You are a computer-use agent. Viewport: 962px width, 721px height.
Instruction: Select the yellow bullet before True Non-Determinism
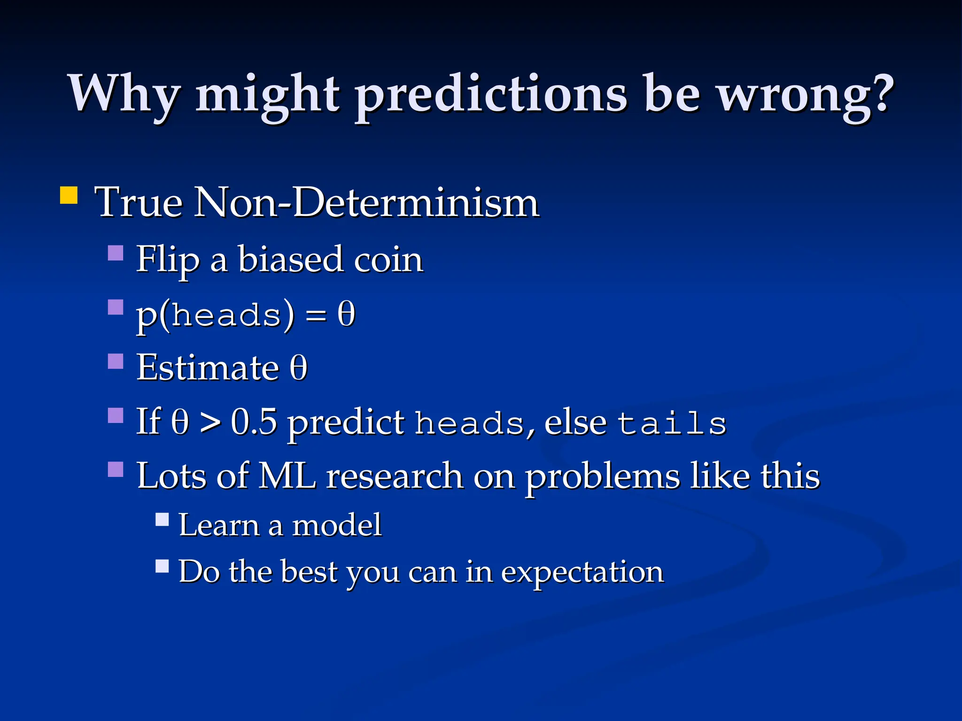coord(69,195)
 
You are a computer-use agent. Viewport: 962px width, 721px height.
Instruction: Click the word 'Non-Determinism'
coord(366,203)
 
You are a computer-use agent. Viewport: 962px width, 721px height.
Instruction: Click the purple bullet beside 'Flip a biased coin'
coord(116,253)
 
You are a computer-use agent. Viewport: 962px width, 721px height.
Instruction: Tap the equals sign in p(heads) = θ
coord(315,315)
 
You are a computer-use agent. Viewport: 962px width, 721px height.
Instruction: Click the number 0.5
coord(254,422)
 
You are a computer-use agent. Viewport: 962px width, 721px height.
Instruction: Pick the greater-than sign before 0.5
coord(210,423)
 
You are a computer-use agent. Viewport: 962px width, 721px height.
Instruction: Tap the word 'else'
coord(575,422)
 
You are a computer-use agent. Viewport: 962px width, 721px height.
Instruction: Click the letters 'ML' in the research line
coord(287,476)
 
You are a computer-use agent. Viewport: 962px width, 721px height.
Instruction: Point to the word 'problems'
coord(602,477)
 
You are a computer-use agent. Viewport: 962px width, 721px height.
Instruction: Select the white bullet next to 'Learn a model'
coord(162,519)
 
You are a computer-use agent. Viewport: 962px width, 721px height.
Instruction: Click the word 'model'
coord(337,525)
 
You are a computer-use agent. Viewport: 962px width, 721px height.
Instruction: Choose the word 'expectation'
coord(582,573)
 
